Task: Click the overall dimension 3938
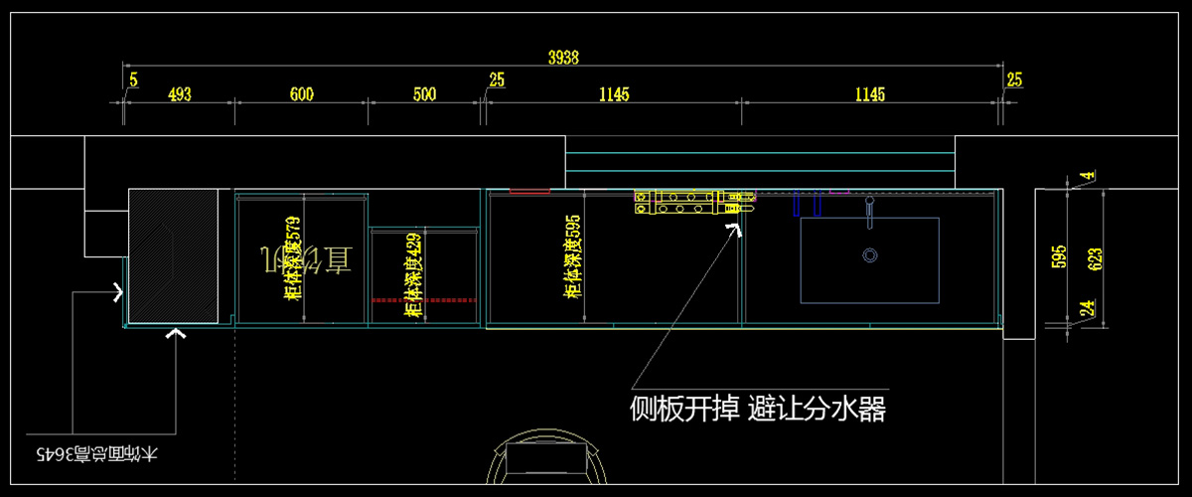pos(564,58)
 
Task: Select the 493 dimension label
pos(179,94)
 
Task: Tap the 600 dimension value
pos(302,94)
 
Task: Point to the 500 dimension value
pos(424,94)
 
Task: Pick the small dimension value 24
pos(1089,309)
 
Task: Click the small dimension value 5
pos(134,80)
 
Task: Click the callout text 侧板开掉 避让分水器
pos(757,408)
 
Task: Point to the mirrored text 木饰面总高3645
pos(96,455)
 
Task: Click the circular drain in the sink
pos(870,255)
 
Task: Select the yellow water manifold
pos(693,203)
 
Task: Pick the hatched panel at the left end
pos(174,255)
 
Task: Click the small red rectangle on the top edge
pos(528,189)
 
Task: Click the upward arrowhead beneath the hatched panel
pos(177,336)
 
